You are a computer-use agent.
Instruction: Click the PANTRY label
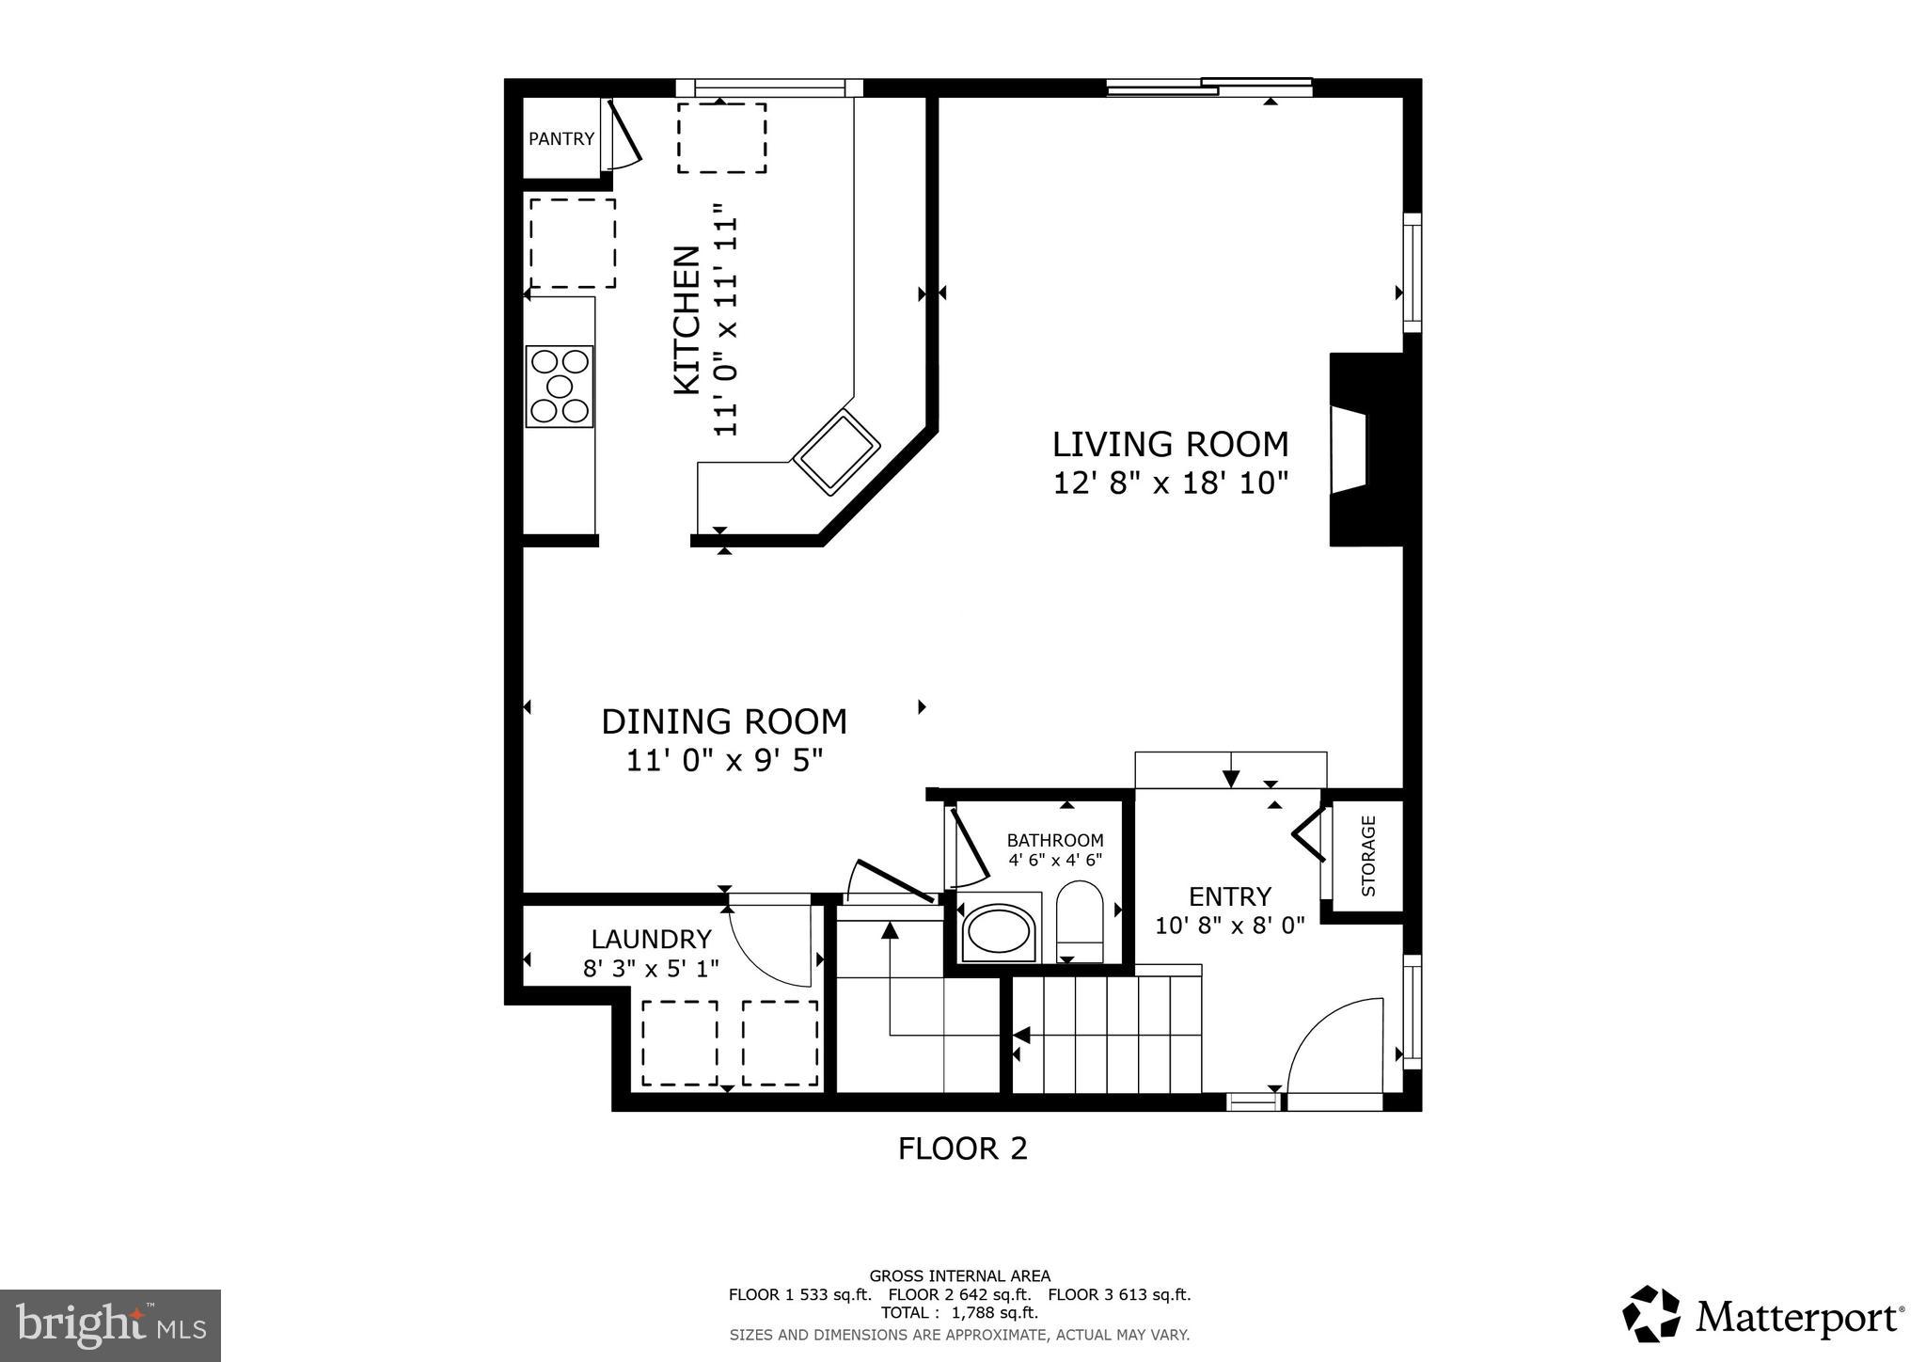tap(561, 139)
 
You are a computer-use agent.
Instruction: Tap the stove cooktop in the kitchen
tap(560, 387)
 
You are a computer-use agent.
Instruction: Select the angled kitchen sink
tap(836, 451)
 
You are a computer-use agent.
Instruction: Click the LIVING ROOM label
tap(1170, 444)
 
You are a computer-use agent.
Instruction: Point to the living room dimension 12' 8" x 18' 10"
tap(1170, 483)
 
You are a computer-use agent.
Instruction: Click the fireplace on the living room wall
tap(1354, 450)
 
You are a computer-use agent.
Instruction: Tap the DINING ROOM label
tap(724, 721)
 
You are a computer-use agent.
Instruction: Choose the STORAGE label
tap(1368, 855)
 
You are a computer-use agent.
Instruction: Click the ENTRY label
tap(1230, 895)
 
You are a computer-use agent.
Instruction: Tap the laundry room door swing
tap(771, 945)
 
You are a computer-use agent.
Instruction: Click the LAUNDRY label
tap(651, 939)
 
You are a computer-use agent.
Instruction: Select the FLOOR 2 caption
tap(962, 1148)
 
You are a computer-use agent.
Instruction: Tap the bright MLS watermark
tap(110, 1325)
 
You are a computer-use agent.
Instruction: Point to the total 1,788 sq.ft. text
tap(959, 1313)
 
